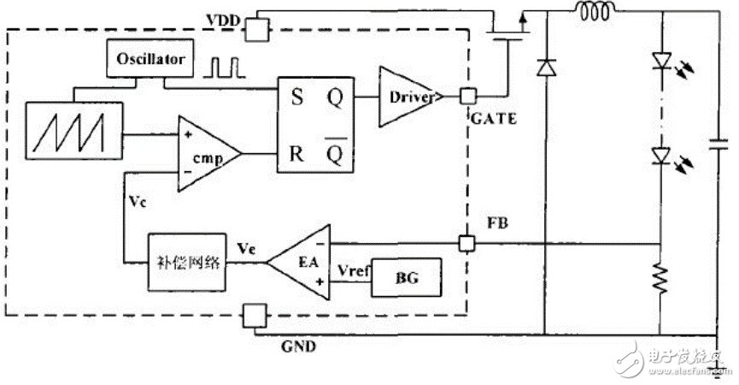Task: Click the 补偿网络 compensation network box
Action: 187,261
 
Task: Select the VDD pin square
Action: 257,31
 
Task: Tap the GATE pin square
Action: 468,98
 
